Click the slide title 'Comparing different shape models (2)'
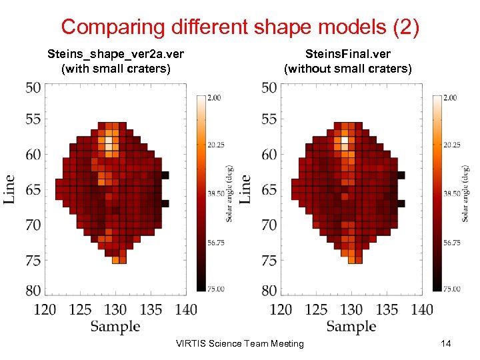pyautogui.click(x=240, y=27)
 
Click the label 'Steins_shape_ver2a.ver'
pyautogui.click(x=115, y=54)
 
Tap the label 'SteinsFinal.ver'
pyautogui.click(x=348, y=54)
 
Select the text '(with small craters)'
pyautogui.click(x=115, y=69)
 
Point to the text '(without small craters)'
pyautogui.click(x=348, y=69)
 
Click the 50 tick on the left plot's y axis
pyautogui.click(x=33, y=88)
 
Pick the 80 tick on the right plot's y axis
pyautogui.click(x=269, y=291)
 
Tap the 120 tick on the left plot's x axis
pyautogui.click(x=45, y=309)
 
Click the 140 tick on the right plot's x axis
pyautogui.click(x=422, y=309)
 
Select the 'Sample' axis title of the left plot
pyautogui.click(x=115, y=326)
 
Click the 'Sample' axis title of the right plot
pyautogui.click(x=351, y=326)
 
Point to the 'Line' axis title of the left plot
pyautogui.click(x=9, y=189)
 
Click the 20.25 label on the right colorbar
pyautogui.click(x=451, y=145)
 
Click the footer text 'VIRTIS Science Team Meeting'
pyautogui.click(x=239, y=344)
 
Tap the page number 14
pyautogui.click(x=446, y=343)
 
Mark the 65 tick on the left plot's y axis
pyautogui.click(x=33, y=190)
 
